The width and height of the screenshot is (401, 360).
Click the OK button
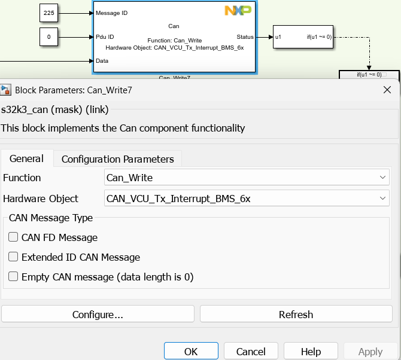point(191,351)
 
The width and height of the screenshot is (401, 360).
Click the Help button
point(311,351)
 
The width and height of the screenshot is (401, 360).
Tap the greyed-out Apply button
point(370,351)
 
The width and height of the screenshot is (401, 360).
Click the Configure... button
point(98,314)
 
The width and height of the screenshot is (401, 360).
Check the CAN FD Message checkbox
point(13,237)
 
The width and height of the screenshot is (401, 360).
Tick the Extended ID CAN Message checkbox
point(13,257)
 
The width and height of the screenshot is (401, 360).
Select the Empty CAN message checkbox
point(13,277)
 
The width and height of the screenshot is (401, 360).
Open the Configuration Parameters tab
point(117,158)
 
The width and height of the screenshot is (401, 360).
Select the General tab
point(26,158)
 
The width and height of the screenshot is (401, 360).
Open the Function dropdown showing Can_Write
point(247,178)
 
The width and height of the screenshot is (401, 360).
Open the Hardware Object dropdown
point(247,198)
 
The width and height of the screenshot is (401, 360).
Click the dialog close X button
point(387,90)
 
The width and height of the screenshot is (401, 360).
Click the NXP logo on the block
point(237,10)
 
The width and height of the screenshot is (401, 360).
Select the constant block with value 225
point(48,12)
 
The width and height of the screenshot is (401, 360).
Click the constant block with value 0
point(48,36)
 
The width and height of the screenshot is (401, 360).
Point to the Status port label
point(245,37)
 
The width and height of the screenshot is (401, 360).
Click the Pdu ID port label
point(105,37)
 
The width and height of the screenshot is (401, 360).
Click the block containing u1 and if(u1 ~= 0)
point(302,37)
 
